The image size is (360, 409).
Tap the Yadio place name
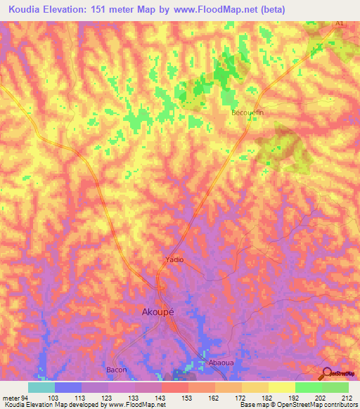[x=174, y=259]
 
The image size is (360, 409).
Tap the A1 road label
[x=340, y=24]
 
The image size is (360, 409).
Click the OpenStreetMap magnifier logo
[x=326, y=375]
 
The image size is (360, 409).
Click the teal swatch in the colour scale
[x=41, y=387]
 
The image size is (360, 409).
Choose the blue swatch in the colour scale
[x=68, y=387]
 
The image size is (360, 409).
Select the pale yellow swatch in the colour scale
[x=282, y=387]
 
